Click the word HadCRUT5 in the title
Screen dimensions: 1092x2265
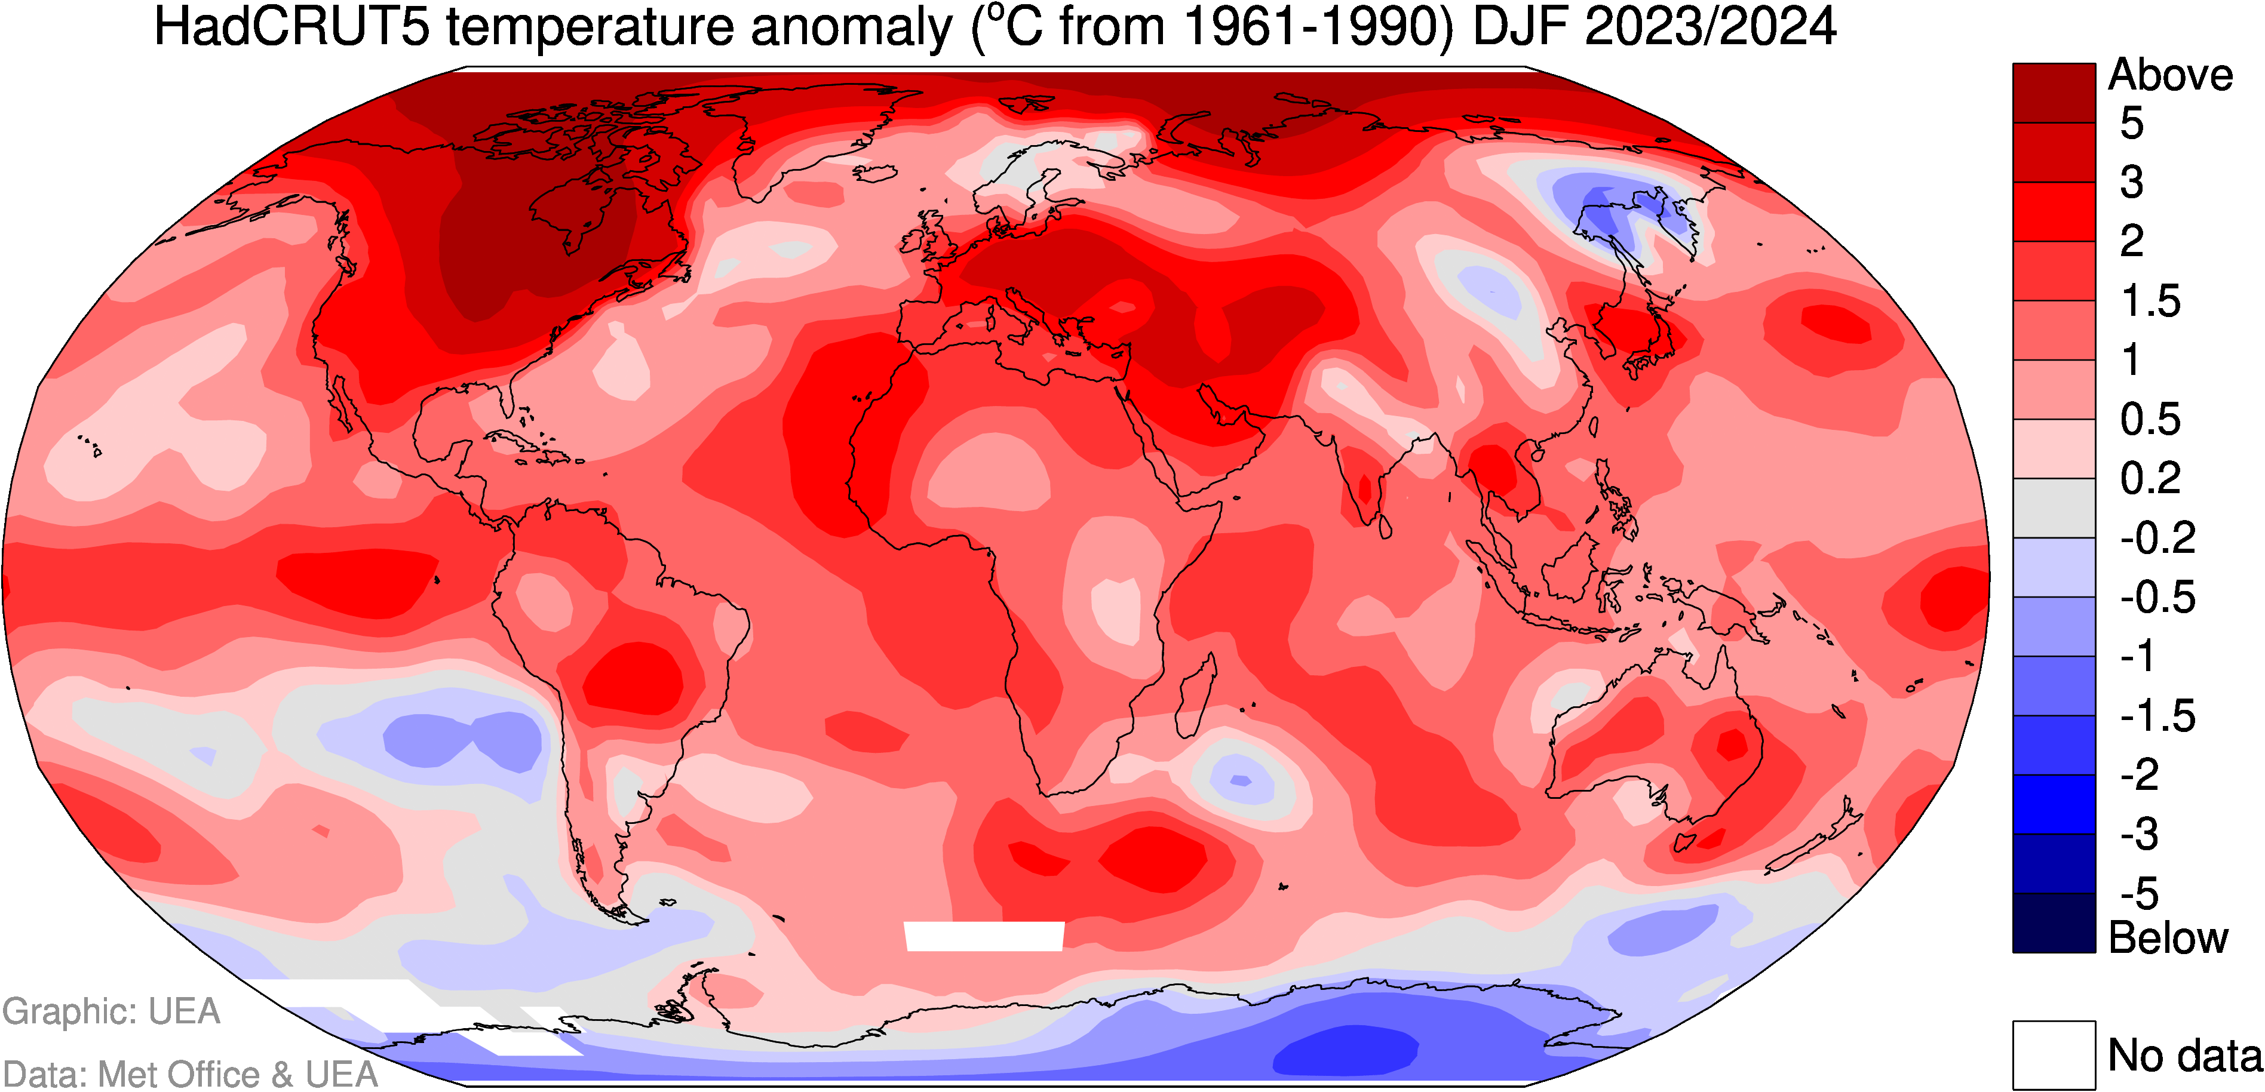[292, 26]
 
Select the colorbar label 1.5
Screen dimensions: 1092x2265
[2151, 301]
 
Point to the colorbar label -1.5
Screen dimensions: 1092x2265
[2157, 716]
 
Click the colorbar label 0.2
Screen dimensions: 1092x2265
[2151, 478]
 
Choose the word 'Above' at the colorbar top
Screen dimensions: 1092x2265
[2170, 76]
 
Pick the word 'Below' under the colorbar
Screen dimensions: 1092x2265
[2168, 938]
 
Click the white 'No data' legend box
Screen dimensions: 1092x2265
[2054, 1054]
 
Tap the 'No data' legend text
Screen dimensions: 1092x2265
[2185, 1055]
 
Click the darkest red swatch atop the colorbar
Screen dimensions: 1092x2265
[2054, 93]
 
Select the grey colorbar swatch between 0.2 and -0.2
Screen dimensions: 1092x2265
[2054, 508]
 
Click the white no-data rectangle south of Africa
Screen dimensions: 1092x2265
[984, 936]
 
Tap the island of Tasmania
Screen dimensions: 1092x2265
[1684, 842]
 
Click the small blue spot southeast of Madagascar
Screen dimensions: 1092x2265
[1241, 780]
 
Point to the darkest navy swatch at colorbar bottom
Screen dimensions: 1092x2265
[2054, 923]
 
